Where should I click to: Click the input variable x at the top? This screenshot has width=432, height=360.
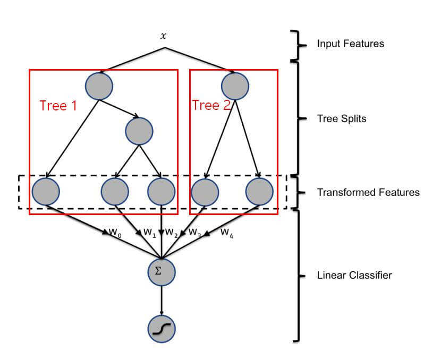point(164,37)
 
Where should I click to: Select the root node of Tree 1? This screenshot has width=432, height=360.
point(98,85)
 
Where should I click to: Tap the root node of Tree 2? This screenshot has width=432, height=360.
point(235,85)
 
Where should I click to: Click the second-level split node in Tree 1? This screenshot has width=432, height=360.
point(139,131)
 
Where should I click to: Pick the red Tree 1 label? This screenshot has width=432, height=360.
point(58,106)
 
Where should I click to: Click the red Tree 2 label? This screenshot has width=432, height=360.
point(211,105)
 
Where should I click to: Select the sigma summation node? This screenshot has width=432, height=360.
point(162,271)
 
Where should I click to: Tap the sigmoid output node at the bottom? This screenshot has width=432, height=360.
point(162,330)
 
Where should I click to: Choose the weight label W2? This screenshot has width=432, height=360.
point(171,232)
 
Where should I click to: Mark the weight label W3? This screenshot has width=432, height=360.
point(195,232)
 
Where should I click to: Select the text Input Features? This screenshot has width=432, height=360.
point(350,44)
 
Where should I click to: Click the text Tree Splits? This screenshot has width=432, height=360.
point(341,118)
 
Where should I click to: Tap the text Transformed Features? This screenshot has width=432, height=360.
point(368,192)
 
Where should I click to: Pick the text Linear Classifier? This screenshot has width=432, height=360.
point(354,275)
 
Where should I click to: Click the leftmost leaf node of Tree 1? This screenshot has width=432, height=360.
point(46,192)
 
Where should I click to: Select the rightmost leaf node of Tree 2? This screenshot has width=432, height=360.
point(259,192)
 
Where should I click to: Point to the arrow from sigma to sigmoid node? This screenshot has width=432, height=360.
point(162,301)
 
